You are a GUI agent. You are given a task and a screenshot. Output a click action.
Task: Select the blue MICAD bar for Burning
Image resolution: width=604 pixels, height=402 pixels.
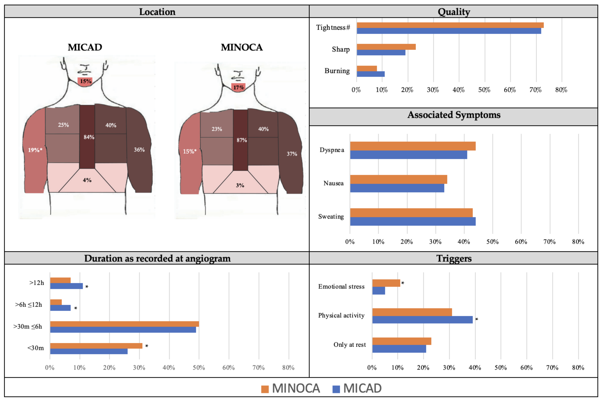click(371, 74)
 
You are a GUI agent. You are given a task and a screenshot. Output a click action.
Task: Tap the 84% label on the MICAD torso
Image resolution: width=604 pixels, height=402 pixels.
click(89, 137)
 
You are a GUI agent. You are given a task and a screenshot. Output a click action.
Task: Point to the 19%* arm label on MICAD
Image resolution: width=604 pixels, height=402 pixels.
click(35, 150)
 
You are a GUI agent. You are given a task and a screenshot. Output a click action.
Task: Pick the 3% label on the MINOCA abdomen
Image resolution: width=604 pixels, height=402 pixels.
click(240, 185)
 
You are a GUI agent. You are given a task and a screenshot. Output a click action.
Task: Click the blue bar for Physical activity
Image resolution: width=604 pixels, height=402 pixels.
click(422, 320)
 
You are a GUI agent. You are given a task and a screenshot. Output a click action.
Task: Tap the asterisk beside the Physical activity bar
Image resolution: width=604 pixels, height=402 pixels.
click(477, 319)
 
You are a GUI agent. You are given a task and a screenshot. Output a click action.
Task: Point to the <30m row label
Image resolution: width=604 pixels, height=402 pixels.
click(36, 348)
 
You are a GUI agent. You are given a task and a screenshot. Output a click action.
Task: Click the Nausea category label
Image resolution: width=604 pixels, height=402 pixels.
click(333, 183)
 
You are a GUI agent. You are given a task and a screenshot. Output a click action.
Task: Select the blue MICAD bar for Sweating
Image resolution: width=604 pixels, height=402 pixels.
click(413, 222)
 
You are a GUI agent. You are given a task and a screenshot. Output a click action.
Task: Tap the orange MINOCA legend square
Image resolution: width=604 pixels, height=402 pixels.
click(265, 389)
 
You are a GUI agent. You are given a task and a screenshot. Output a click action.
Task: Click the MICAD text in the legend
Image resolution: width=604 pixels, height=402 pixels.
click(362, 388)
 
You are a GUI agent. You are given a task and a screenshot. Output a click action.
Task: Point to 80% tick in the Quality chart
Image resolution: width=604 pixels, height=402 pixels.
click(561, 90)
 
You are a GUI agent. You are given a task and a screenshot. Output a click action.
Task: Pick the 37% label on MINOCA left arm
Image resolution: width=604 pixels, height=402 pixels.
click(292, 154)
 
